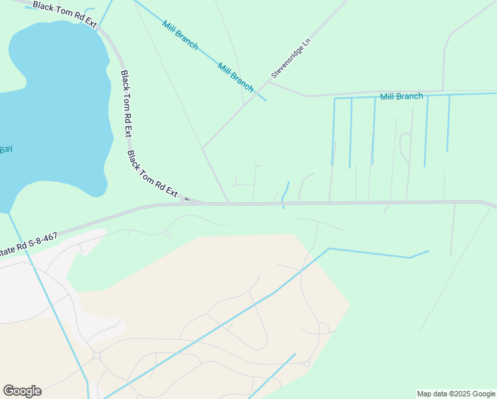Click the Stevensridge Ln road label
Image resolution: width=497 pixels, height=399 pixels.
[x=291, y=58]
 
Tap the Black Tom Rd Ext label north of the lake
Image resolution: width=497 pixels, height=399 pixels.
[x=64, y=15]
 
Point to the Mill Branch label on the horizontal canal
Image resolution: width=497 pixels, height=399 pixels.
[x=401, y=96]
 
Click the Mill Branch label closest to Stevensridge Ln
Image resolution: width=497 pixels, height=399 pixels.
[x=235, y=76]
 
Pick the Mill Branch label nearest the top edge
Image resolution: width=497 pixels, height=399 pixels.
[x=180, y=33]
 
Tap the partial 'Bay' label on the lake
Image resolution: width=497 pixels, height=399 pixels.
[x=6, y=150]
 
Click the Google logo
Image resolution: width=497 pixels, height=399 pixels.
[x=22, y=391]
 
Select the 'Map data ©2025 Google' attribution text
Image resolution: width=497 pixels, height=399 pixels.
[x=456, y=394]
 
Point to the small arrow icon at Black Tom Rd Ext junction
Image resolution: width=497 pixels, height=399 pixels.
[x=187, y=198]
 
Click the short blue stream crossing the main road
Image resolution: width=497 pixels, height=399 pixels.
[x=285, y=194]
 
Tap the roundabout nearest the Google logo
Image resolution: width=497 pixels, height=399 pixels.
[x=97, y=355]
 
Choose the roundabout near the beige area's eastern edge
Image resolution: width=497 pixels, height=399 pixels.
[x=307, y=364]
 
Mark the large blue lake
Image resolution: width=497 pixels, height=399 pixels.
[x=53, y=106]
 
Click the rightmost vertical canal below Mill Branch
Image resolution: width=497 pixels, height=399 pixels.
[x=448, y=123]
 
